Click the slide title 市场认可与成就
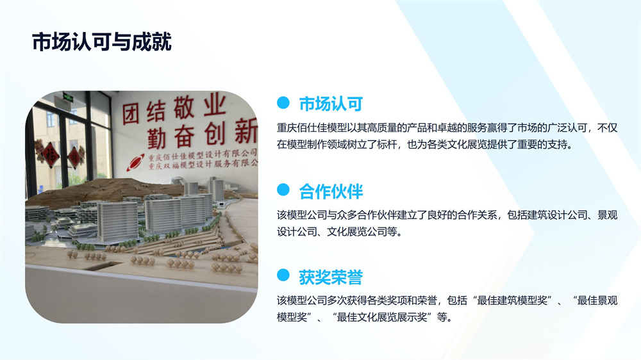(102, 42)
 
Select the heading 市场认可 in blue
(331, 104)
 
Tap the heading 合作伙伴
(331, 192)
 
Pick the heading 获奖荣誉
(331, 277)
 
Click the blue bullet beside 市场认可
(283, 102)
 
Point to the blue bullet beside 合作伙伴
(283, 190)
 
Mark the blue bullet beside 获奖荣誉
(283, 275)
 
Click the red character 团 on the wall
(131, 113)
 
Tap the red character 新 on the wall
(247, 131)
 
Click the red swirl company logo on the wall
(135, 162)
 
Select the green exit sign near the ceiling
(68, 97)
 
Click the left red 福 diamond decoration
(51, 155)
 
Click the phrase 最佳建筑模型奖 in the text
(512, 300)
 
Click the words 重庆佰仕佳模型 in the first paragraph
(312, 128)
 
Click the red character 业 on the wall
(215, 104)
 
